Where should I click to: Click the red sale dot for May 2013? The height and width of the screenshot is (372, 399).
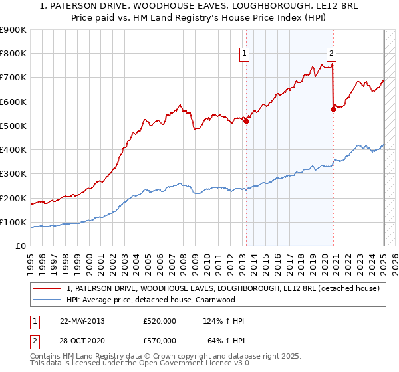pyautogui.click(x=246, y=121)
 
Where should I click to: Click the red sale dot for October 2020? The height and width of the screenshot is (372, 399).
pyautogui.click(x=333, y=110)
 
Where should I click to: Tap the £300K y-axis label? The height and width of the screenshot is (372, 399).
pyautogui.click(x=13, y=174)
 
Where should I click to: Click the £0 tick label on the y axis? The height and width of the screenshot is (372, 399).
pyautogui.click(x=20, y=246)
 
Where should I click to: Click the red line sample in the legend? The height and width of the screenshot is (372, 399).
pyautogui.click(x=47, y=288)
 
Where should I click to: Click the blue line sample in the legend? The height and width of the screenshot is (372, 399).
pyautogui.click(x=47, y=300)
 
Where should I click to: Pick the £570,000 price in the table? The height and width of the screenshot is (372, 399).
pyautogui.click(x=160, y=341)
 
